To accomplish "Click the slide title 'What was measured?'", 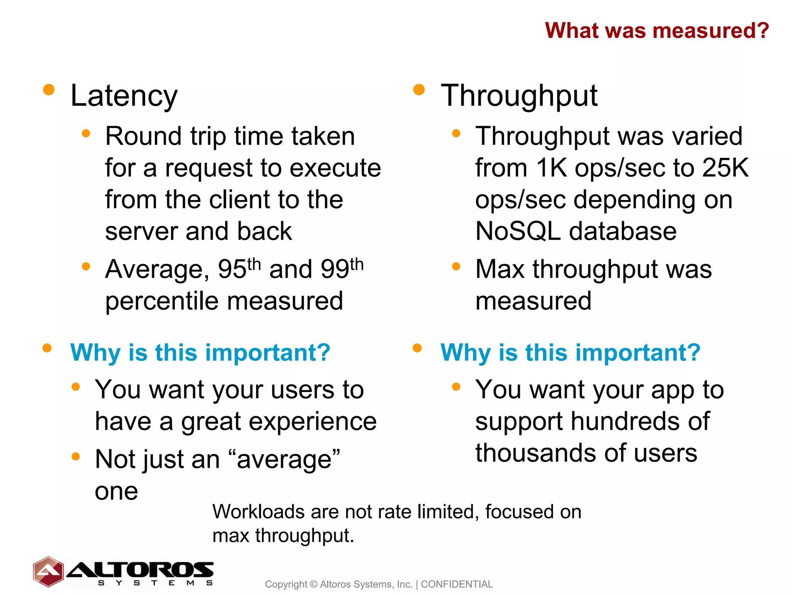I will coord(657,31).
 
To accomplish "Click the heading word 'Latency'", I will coord(124,96).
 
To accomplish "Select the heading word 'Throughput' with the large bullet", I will coord(519,96).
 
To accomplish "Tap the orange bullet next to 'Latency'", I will coord(49,90).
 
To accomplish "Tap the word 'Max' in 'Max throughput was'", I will coord(500,269).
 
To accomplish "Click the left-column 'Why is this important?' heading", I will coord(200,353).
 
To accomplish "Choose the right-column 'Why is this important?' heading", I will coord(570,353).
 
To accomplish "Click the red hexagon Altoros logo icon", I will coord(48,572).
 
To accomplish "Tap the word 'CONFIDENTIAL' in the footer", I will coord(457,584).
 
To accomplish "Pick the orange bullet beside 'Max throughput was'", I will coord(456,266).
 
